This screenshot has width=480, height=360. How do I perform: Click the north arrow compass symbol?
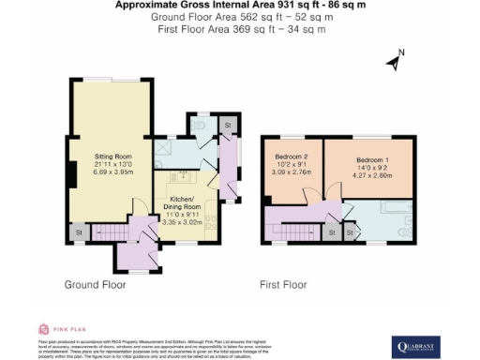pos(394,61)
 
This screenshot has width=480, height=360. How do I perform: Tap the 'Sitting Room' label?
pos(112,156)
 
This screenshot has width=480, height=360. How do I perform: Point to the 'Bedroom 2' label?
pos(292,156)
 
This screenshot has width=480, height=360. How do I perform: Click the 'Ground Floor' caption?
pos(96,283)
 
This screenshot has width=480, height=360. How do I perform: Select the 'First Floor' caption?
pos(282,283)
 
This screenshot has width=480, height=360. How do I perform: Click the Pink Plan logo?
pos(57,329)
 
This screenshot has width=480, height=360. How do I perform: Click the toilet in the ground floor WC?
pos(201,124)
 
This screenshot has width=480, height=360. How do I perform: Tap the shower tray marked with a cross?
pos(163,145)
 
